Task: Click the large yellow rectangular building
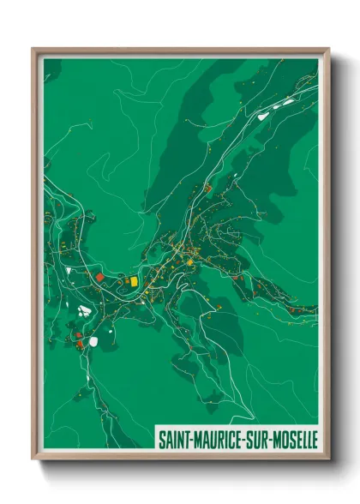click(x=133, y=280)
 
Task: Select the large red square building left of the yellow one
click(x=99, y=278)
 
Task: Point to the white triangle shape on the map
click(x=68, y=271)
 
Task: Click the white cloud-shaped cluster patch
click(x=84, y=310)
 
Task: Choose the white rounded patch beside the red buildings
click(x=93, y=341)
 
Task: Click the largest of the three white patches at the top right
click(x=288, y=101)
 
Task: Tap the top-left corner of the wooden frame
click(x=33, y=49)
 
